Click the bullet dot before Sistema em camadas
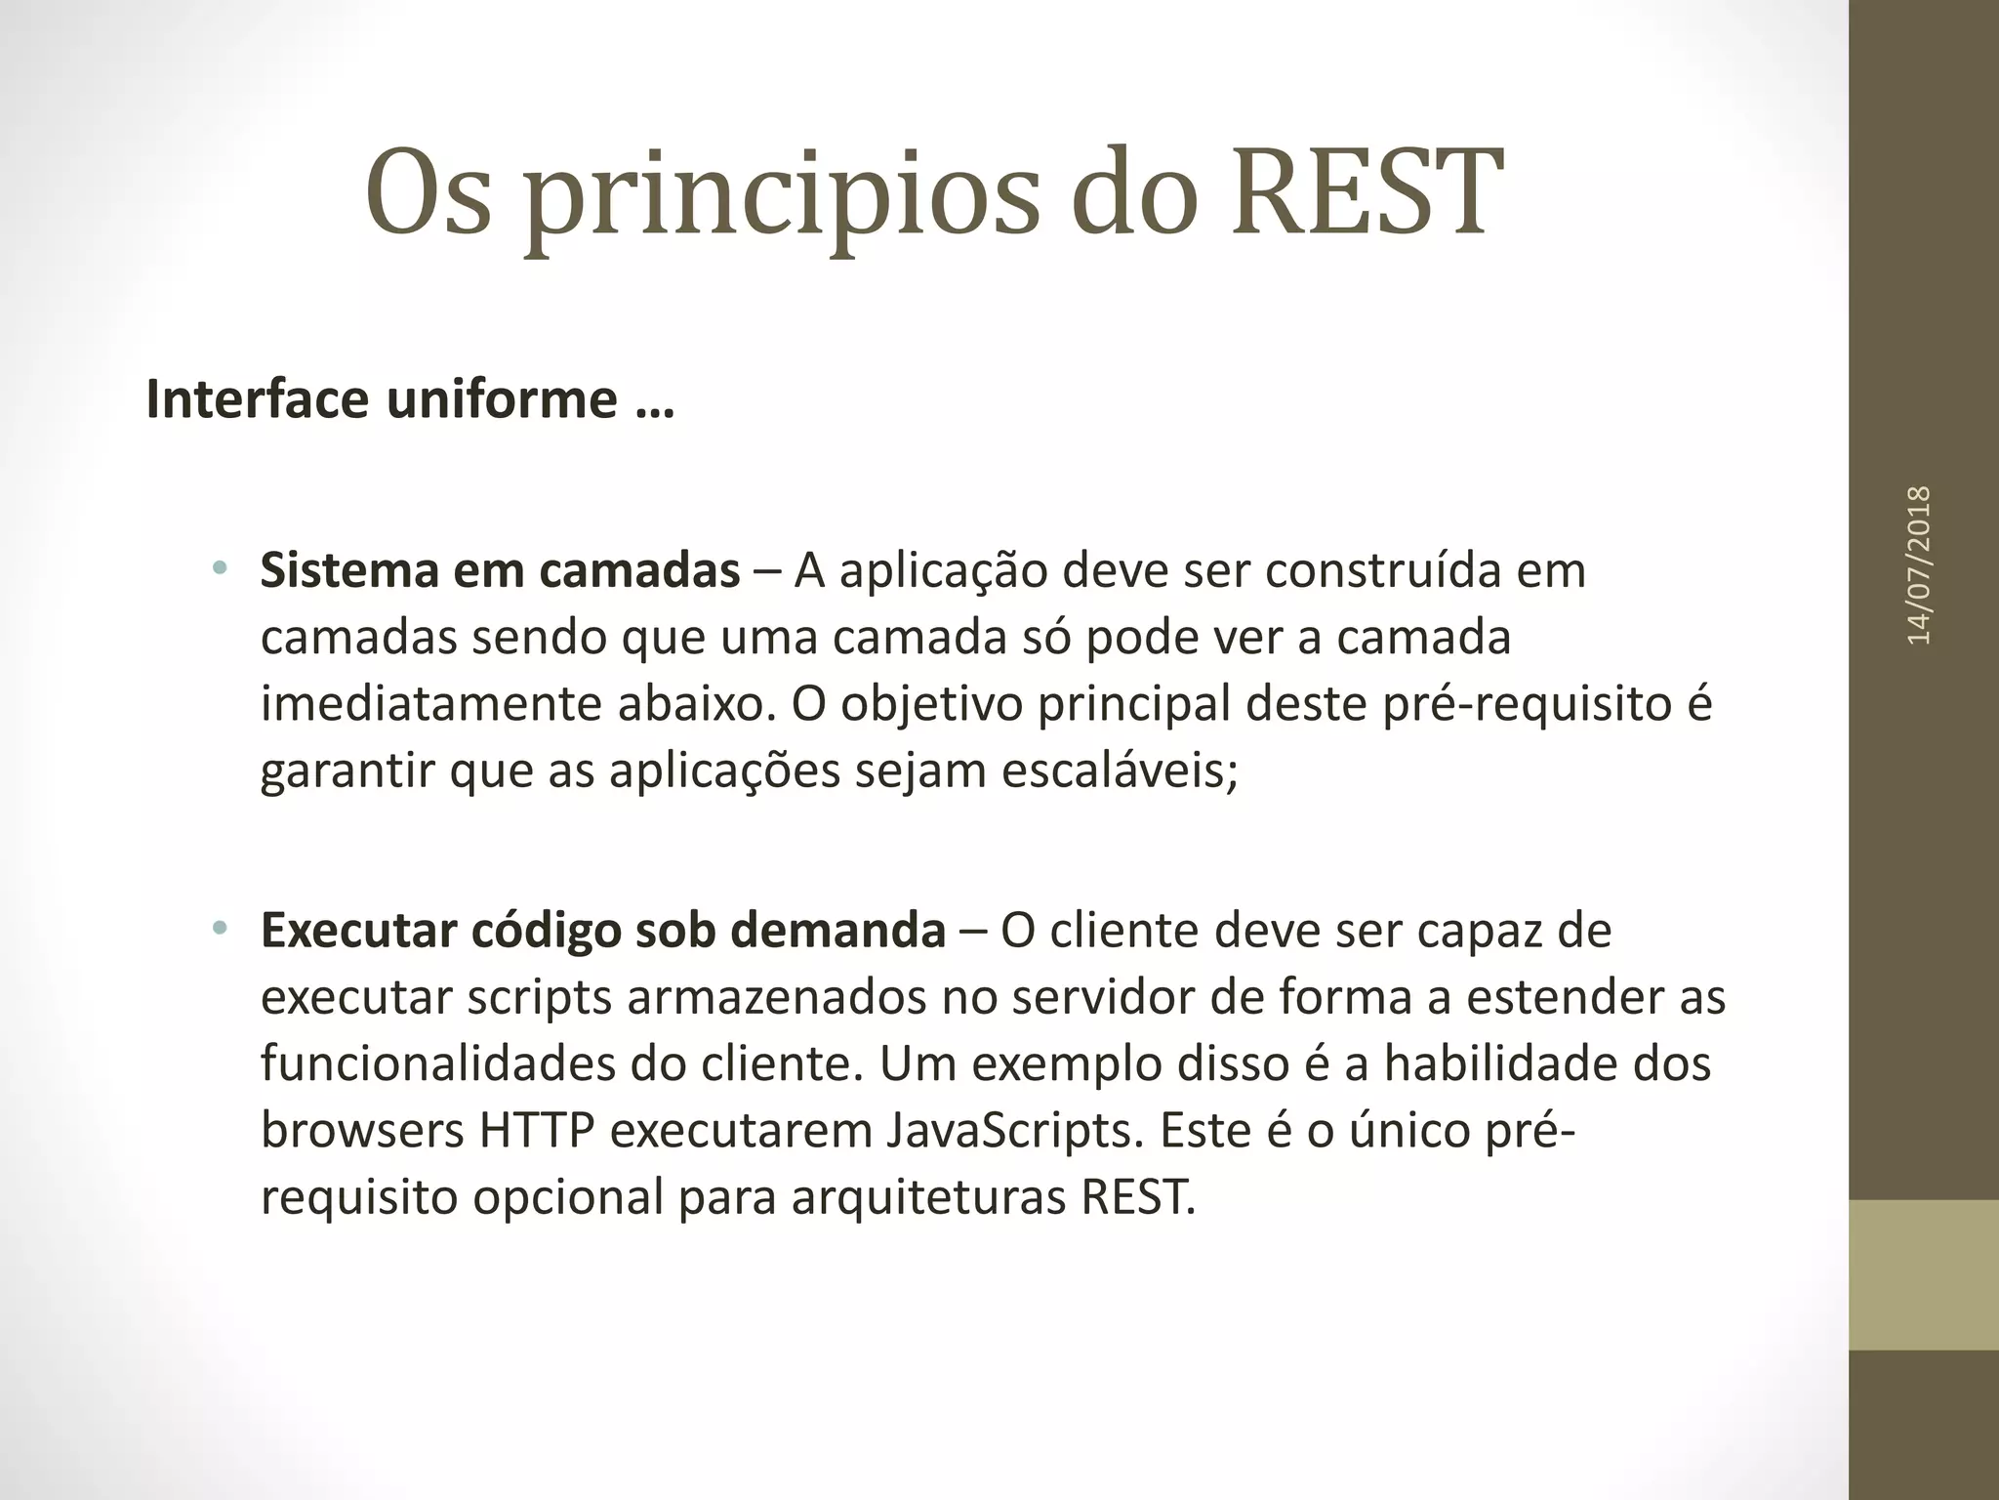click(220, 567)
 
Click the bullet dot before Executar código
click(220, 927)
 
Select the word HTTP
click(536, 1131)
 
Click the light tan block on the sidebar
click(1923, 1274)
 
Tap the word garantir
click(347, 772)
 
